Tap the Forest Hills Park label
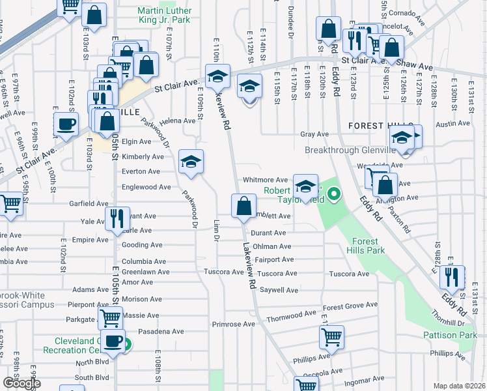click(369, 245)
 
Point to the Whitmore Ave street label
click(265, 180)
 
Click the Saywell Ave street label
click(279, 290)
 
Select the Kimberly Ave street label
click(143, 156)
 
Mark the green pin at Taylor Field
click(335, 194)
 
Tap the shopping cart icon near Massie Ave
click(110, 318)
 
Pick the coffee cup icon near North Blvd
click(114, 340)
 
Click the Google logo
click(21, 384)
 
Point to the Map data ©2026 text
click(459, 386)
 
